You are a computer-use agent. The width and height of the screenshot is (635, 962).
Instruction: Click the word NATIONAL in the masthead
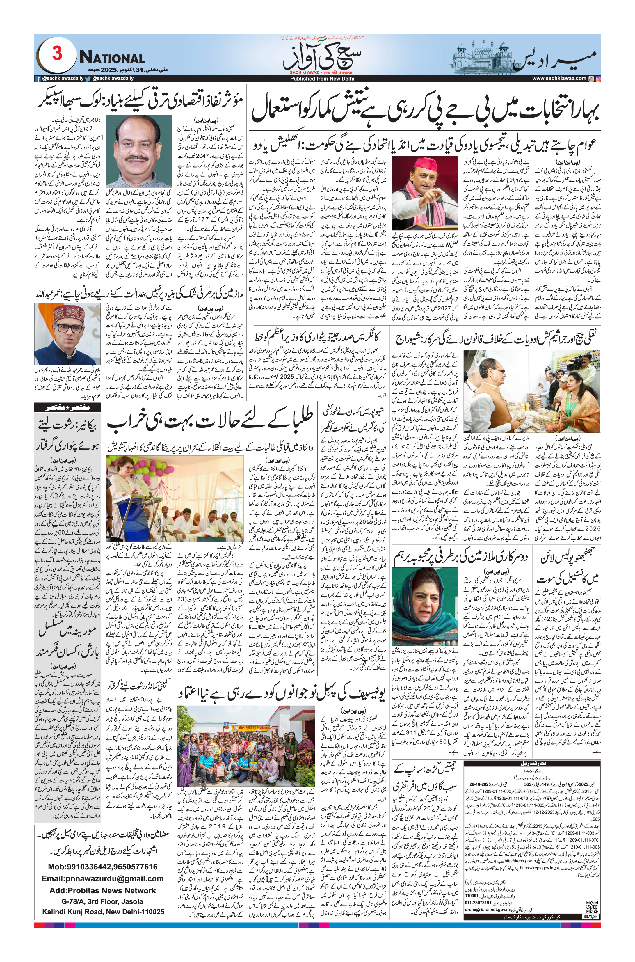click(112, 58)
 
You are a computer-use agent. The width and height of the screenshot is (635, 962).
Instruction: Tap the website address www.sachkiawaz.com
click(559, 79)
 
